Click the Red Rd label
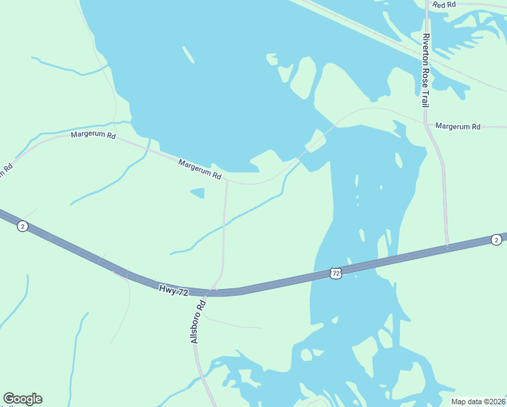pos(444,5)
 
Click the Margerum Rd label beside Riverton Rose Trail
pos(458,126)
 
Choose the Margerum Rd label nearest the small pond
pos(200,170)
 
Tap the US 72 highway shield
pos(336,273)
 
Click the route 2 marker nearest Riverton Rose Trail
pos(496,239)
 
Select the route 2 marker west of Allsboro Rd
pos(22,226)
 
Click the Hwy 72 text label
pos(174,290)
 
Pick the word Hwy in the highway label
pos(167,288)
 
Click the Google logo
pos(22,399)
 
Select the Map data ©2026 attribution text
pos(478,402)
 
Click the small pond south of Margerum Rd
pos(197,193)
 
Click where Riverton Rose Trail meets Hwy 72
pos(447,248)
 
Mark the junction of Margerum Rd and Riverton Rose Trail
pos(426,123)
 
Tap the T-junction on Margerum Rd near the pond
pos(226,181)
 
